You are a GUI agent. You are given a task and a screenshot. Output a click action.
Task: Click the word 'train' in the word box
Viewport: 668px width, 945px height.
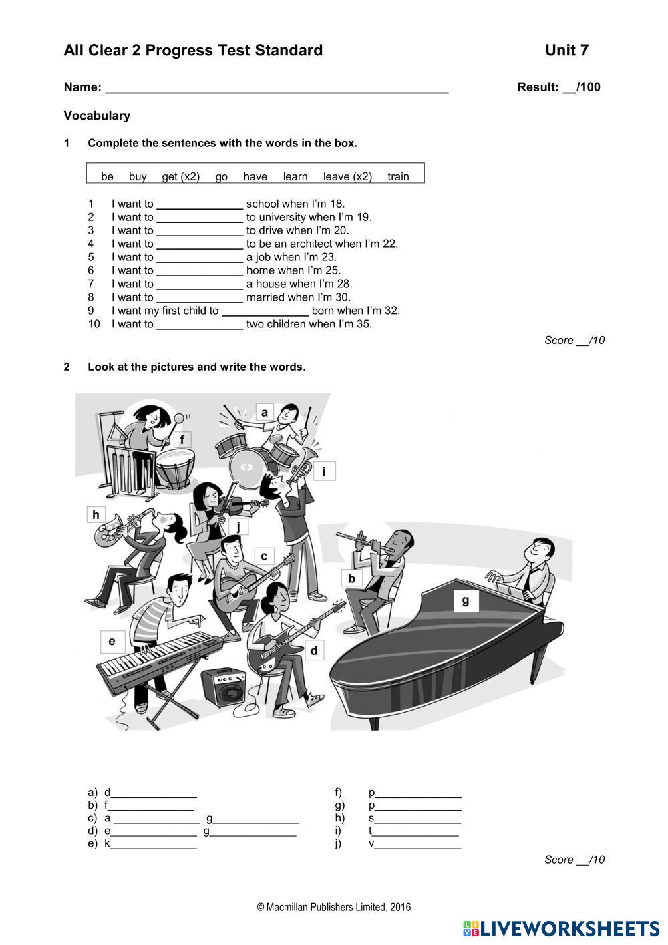pyautogui.click(x=398, y=176)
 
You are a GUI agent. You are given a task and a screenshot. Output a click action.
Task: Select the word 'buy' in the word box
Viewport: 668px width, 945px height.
pyautogui.click(x=138, y=176)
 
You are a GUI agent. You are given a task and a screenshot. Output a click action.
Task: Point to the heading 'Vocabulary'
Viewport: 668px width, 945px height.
pyautogui.click(x=97, y=116)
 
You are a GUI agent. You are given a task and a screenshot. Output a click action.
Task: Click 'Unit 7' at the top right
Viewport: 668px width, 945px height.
pyautogui.click(x=566, y=51)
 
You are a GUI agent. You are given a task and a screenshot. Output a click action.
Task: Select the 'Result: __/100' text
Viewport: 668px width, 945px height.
pyautogui.click(x=558, y=87)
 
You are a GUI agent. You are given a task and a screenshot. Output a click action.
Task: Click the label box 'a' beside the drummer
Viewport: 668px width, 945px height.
pyautogui.click(x=265, y=413)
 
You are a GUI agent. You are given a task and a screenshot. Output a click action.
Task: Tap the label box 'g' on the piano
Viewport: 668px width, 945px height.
pyautogui.click(x=466, y=600)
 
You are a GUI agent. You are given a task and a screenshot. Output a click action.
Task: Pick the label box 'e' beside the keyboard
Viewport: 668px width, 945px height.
pyautogui.click(x=112, y=642)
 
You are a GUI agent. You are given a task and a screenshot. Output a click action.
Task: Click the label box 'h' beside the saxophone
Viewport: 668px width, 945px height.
pyautogui.click(x=96, y=514)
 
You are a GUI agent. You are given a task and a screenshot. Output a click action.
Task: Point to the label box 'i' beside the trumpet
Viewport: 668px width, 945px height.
pyautogui.click(x=324, y=471)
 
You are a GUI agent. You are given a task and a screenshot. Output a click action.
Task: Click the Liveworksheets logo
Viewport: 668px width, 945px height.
pyautogui.click(x=560, y=928)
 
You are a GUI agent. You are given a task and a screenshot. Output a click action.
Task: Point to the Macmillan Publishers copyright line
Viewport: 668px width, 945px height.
pyautogui.click(x=333, y=907)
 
